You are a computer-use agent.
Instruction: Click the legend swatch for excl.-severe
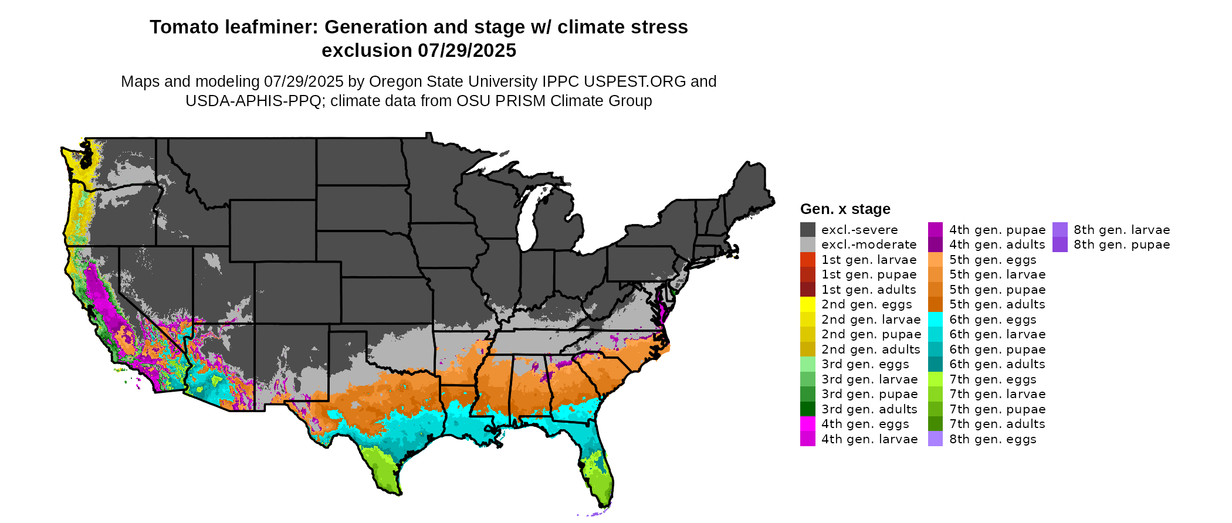point(807,230)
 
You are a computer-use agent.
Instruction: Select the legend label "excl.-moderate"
point(868,244)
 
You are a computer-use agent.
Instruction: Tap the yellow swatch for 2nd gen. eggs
point(807,304)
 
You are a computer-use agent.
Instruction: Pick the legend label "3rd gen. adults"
point(869,409)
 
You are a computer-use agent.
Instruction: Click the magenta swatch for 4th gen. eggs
point(807,424)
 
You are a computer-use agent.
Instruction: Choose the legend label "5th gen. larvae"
point(997,274)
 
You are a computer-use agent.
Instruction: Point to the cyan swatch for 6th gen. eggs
point(935,320)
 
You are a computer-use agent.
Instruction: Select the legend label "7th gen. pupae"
point(997,409)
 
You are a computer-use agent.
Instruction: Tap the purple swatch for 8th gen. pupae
point(1060,244)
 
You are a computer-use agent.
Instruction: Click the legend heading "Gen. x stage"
point(845,209)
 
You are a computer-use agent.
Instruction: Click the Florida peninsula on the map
point(598,469)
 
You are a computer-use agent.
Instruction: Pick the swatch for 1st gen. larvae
point(807,260)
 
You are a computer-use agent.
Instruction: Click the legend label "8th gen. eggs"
point(993,439)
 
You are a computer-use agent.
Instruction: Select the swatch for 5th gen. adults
point(935,304)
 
